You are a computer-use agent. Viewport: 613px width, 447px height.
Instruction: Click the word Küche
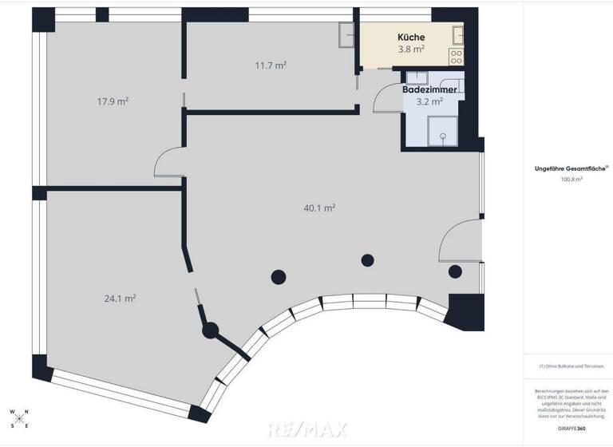pos(411,38)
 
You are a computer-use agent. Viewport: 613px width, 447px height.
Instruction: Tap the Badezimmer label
pos(429,90)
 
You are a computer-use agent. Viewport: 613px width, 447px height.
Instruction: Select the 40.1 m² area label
pos(318,208)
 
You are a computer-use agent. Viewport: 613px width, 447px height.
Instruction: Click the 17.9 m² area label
pos(113,101)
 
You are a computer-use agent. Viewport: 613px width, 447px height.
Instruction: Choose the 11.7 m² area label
pos(271,65)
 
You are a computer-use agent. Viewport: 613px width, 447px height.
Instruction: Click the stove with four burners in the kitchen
pos(457,57)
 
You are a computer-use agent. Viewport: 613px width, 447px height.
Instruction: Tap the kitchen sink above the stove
pos(458,34)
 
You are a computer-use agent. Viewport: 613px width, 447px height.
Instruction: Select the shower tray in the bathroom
pos(441,131)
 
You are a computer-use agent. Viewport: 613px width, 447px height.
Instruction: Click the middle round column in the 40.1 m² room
pos(367,259)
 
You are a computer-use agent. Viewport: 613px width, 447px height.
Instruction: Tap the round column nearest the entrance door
pos(454,271)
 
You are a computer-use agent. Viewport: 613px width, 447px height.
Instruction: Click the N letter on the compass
pos(27,413)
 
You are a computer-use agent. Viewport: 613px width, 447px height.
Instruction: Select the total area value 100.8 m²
pos(571,180)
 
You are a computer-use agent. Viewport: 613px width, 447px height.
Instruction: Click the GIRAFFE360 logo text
pos(571,428)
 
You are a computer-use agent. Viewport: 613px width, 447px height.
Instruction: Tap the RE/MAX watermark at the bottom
pos(306,429)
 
